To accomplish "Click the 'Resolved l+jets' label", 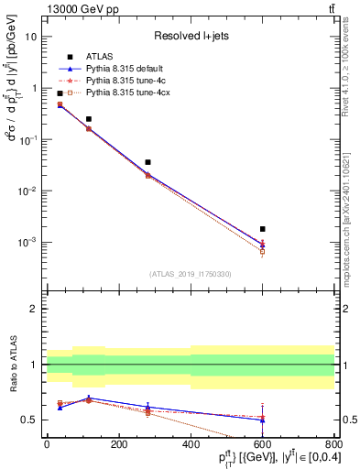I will [x=190, y=36].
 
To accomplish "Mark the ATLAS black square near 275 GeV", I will [x=147, y=162].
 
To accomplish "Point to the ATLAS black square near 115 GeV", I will [x=89, y=119].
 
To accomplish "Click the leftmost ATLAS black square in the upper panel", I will [x=60, y=93].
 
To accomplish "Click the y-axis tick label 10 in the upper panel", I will [x=31, y=37].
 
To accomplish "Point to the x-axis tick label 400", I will [x=191, y=445].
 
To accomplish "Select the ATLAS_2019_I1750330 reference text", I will [x=190, y=274].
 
